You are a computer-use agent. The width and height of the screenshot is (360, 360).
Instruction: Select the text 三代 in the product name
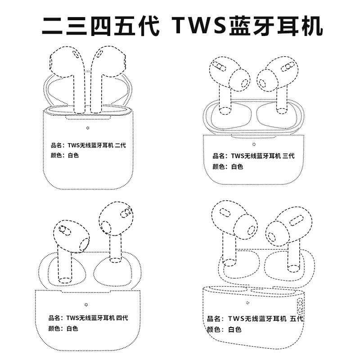[x=288, y=156]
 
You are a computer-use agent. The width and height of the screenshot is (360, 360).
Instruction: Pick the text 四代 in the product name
[x=122, y=318]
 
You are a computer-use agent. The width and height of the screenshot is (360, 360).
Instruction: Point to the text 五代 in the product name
[x=297, y=319]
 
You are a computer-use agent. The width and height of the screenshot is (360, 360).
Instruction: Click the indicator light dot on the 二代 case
[x=87, y=128]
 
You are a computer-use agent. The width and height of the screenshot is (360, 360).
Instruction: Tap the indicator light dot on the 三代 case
[x=254, y=144]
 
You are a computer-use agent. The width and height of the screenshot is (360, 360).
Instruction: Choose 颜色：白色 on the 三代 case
[x=228, y=167]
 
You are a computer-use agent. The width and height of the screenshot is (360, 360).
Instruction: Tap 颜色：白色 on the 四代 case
[x=63, y=329]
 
